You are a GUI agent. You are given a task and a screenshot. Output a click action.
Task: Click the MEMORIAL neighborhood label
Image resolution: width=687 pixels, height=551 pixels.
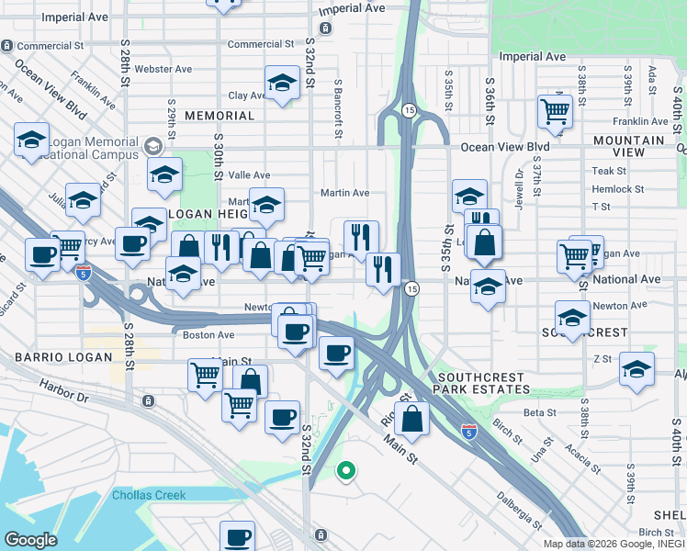click(x=219, y=116)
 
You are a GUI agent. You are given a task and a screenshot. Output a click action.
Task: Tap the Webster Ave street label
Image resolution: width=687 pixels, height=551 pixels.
click(x=163, y=69)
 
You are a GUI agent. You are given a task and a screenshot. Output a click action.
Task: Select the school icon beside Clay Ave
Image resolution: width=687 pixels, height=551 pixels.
click(x=282, y=84)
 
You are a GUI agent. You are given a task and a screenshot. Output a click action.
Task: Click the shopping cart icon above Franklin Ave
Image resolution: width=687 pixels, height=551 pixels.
click(x=555, y=111)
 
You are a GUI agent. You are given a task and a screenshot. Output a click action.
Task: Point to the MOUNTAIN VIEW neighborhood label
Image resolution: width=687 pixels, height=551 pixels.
click(x=628, y=146)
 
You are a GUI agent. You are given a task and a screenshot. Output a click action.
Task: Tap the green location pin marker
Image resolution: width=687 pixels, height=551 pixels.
click(x=345, y=472)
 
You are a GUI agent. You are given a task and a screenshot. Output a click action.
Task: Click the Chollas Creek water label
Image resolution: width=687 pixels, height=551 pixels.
click(x=149, y=495)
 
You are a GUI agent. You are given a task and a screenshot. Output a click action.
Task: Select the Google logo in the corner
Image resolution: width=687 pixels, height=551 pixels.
click(x=30, y=540)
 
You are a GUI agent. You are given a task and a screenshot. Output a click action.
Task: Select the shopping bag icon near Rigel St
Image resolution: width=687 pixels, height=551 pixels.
click(x=413, y=419)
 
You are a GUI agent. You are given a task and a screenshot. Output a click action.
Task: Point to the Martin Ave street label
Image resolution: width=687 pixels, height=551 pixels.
click(x=344, y=193)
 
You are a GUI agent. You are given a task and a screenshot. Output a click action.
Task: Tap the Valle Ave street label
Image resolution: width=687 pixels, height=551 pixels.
click(x=249, y=174)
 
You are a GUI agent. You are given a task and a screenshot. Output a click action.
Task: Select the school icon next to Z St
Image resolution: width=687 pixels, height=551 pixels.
click(x=636, y=369)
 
